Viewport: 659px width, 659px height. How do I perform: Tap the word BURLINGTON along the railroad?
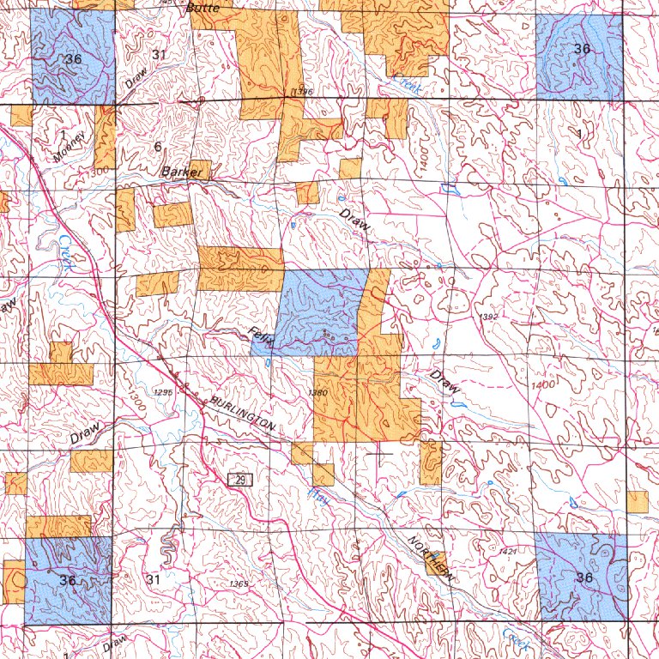coord(243,415)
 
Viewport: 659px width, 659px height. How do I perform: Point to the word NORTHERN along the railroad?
coord(429,557)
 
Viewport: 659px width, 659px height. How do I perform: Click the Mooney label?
coord(69,148)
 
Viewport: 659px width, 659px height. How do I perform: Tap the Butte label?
coord(203,7)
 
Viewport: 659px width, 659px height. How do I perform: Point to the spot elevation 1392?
coord(487,317)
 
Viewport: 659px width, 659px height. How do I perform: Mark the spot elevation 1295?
coord(162,392)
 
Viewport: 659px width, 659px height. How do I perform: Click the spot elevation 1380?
coord(317,393)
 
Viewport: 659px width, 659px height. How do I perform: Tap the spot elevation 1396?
coord(300,91)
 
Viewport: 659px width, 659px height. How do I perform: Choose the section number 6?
coord(157,146)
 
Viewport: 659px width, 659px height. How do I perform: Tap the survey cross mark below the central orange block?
coord(378,453)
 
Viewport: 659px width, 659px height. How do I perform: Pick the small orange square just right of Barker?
coord(200,169)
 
